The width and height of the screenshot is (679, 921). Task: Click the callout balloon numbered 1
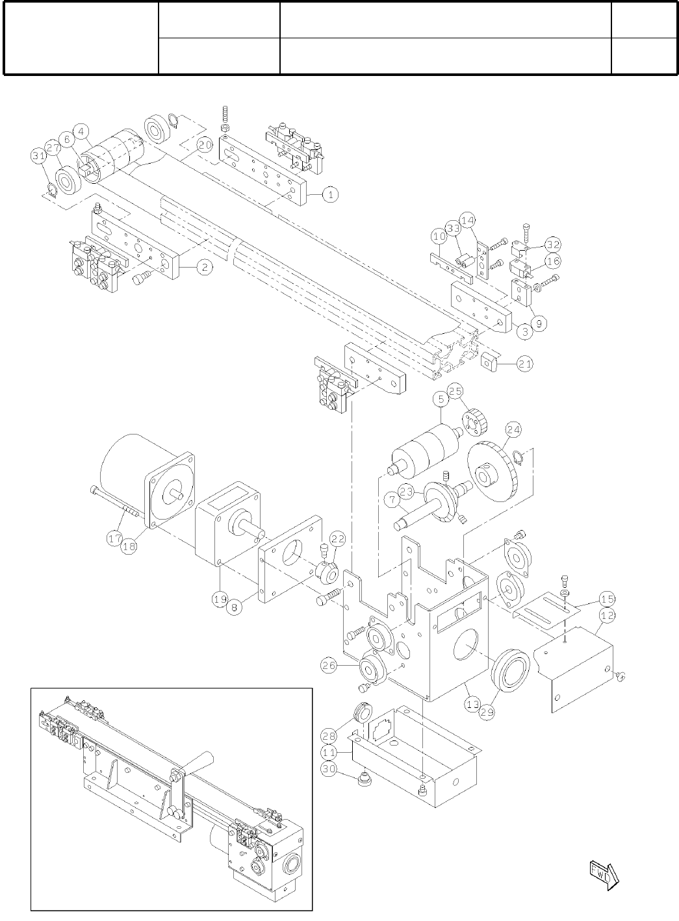tap(330, 194)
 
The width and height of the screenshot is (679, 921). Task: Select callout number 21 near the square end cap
tap(525, 364)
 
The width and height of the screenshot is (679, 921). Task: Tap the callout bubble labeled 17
tap(114, 538)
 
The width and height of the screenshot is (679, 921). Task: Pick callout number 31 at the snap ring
tap(38, 156)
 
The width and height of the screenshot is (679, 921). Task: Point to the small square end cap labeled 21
tap(488, 362)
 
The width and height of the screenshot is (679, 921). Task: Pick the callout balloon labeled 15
tap(607, 598)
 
